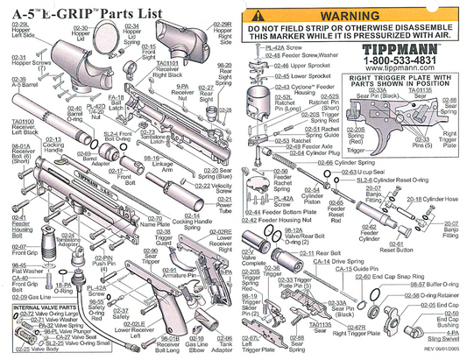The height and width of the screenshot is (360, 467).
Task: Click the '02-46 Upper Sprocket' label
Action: tap(284, 65)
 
